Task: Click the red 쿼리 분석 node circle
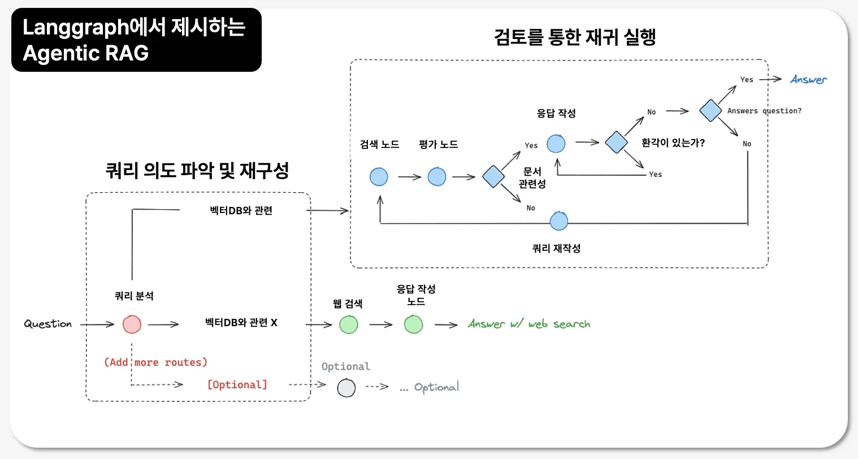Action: click(x=132, y=324)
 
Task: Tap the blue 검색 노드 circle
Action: click(x=379, y=177)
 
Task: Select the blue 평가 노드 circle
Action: click(x=437, y=177)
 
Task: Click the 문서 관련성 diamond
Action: click(x=493, y=177)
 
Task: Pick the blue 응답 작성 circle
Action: click(x=556, y=144)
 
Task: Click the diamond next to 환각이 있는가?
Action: click(x=617, y=142)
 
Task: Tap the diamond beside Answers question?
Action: click(x=710, y=110)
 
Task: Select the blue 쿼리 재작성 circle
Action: click(x=558, y=221)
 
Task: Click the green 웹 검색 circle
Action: click(x=349, y=324)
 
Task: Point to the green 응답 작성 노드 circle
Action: click(x=414, y=324)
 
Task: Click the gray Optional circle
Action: click(x=346, y=388)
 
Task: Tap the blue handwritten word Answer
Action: click(x=808, y=80)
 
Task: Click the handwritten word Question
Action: click(x=48, y=324)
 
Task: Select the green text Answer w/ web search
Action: click(x=529, y=324)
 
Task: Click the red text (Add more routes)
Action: click(x=156, y=362)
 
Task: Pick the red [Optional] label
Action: click(x=237, y=385)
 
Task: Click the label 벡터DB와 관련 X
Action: click(x=241, y=323)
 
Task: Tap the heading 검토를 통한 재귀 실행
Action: click(x=574, y=37)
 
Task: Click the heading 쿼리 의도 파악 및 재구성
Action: click(x=197, y=170)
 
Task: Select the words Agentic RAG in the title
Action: click(x=86, y=53)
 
